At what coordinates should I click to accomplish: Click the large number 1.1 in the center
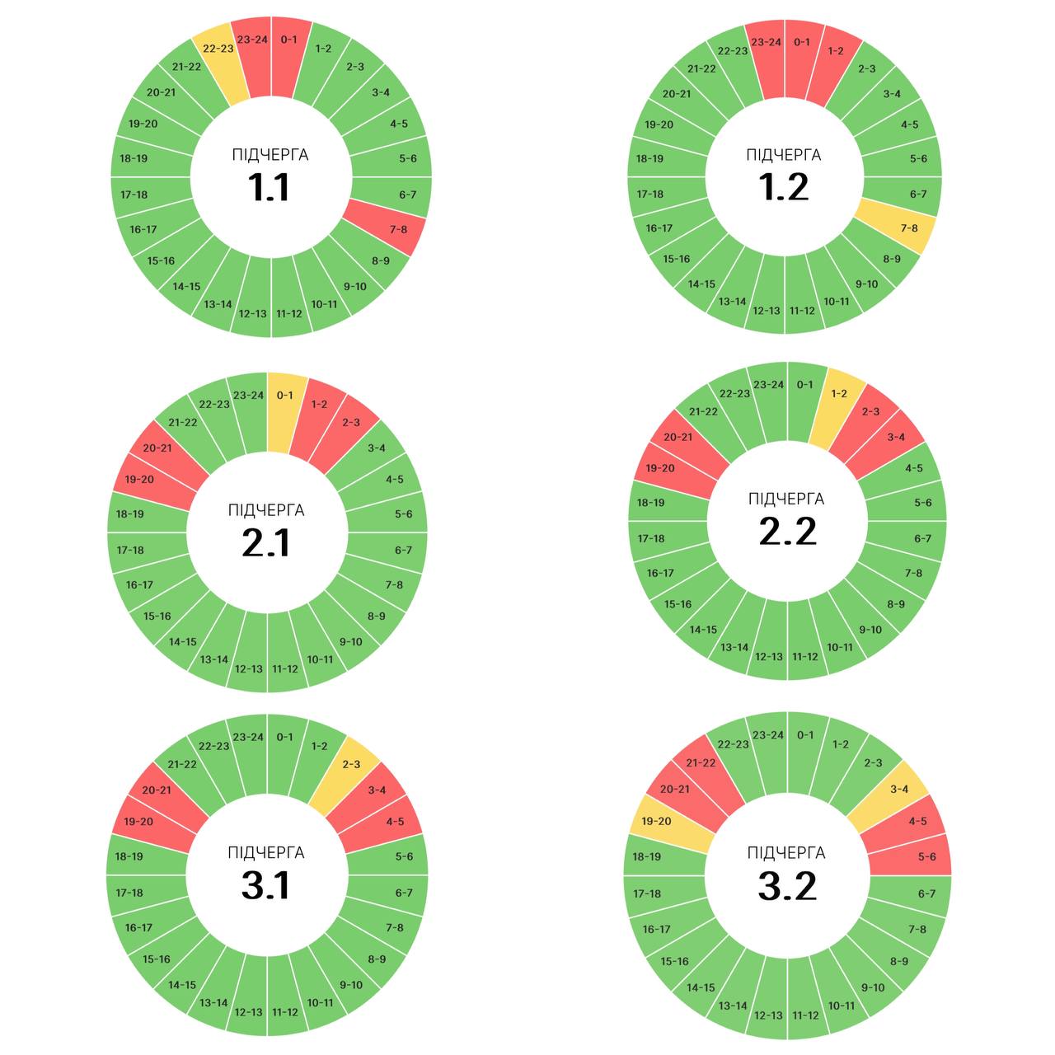pyautogui.click(x=269, y=188)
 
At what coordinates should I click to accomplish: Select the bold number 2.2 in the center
pyautogui.click(x=787, y=532)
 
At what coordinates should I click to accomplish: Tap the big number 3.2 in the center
pyautogui.click(x=787, y=886)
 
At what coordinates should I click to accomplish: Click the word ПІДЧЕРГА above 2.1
pyautogui.click(x=266, y=510)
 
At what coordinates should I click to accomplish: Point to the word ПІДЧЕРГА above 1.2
pyautogui.click(x=783, y=155)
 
